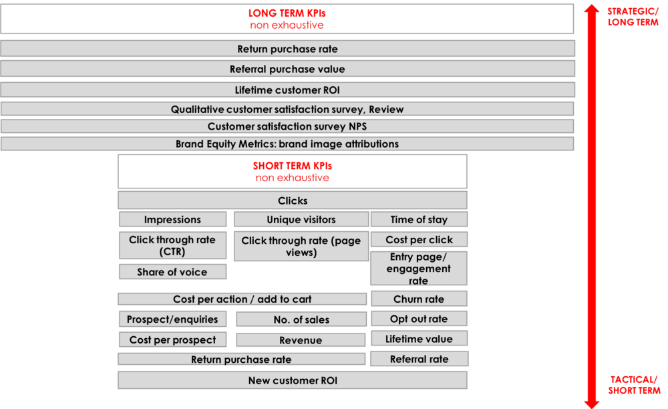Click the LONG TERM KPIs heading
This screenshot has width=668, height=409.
(287, 13)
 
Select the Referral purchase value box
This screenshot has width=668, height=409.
(287, 69)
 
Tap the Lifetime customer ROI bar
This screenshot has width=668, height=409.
(287, 90)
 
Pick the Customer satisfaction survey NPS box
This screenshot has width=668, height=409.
(287, 126)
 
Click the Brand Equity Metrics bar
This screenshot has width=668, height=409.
(287, 144)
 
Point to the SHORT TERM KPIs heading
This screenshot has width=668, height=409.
(293, 166)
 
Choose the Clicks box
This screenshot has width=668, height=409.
(293, 200)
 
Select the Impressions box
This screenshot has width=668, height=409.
(172, 219)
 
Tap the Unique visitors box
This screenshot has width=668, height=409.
(301, 219)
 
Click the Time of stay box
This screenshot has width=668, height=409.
(420, 219)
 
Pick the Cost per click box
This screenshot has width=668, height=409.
(420, 239)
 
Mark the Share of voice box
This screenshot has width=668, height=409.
(172, 272)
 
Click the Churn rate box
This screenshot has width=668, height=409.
(420, 299)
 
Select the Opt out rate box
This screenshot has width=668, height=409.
(420, 319)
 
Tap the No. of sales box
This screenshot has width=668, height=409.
(301, 319)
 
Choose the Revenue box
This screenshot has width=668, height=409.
(301, 340)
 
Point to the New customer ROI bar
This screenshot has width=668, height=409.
(293, 380)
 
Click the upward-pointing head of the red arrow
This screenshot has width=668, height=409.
(591, 9)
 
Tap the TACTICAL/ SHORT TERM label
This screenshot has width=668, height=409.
(634, 385)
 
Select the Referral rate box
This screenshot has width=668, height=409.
(420, 359)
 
